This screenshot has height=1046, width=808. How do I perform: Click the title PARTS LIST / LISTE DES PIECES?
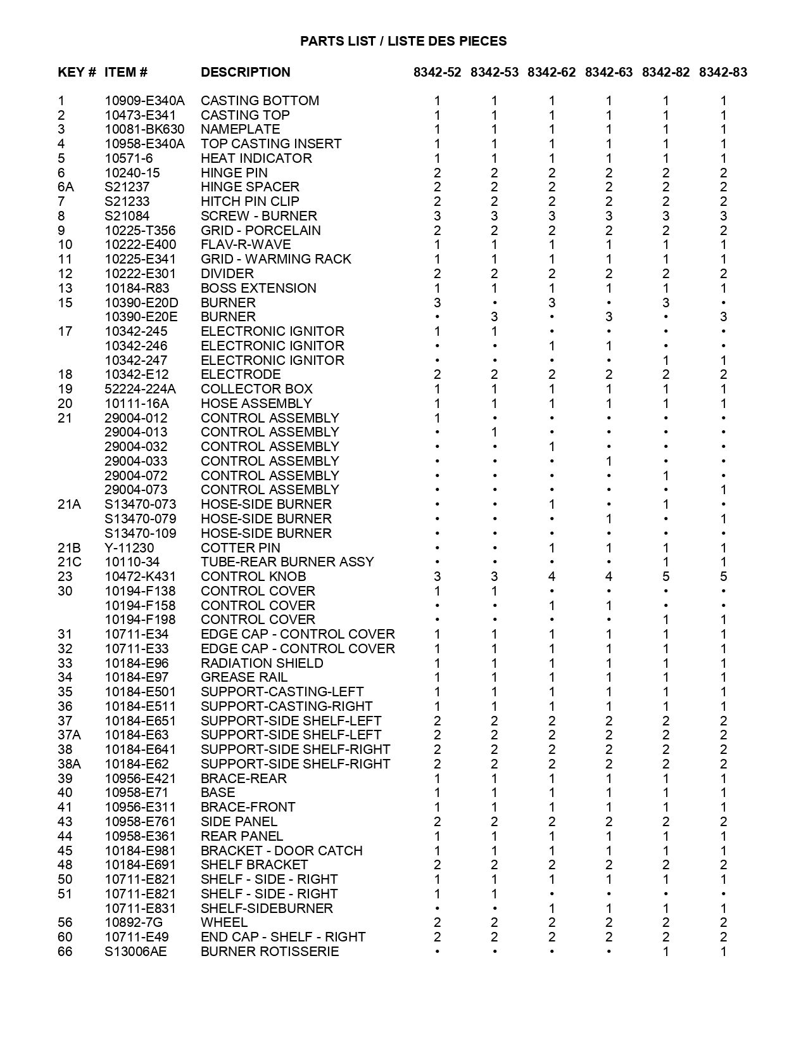[x=403, y=41]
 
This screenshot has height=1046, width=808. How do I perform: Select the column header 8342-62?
[x=552, y=72]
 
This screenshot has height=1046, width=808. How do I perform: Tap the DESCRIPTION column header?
[x=245, y=72]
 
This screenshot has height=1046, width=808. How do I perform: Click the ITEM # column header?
[x=126, y=72]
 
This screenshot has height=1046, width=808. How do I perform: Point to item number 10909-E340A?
[x=144, y=101]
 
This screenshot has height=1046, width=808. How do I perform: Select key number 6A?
[x=65, y=187]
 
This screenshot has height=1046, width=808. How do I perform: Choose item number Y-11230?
[x=129, y=548]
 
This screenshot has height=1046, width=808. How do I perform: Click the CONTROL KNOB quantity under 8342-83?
[x=723, y=577]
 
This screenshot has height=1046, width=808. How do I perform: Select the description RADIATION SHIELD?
[x=262, y=663]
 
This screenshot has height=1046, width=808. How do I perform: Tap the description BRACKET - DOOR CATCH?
[x=281, y=851]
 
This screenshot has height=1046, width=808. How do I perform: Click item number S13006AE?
[x=136, y=952]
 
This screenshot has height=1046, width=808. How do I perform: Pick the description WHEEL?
[x=224, y=922]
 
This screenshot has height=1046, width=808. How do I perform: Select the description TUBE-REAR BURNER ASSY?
[x=287, y=562]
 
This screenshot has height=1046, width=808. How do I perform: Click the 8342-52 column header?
[x=438, y=72]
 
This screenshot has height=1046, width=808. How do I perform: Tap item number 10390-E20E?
[x=141, y=317]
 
